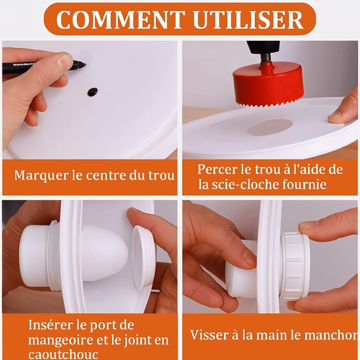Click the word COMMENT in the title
(121, 20)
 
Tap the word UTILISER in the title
(248, 20)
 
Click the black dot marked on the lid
(92, 92)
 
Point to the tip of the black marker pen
(86, 65)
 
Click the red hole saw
(268, 85)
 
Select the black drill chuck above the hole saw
(263, 49)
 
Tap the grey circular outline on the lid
(270, 127)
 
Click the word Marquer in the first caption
(41, 176)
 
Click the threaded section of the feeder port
(53, 256)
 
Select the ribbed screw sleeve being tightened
(295, 266)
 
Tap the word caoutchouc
(63, 355)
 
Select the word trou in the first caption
(161, 176)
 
